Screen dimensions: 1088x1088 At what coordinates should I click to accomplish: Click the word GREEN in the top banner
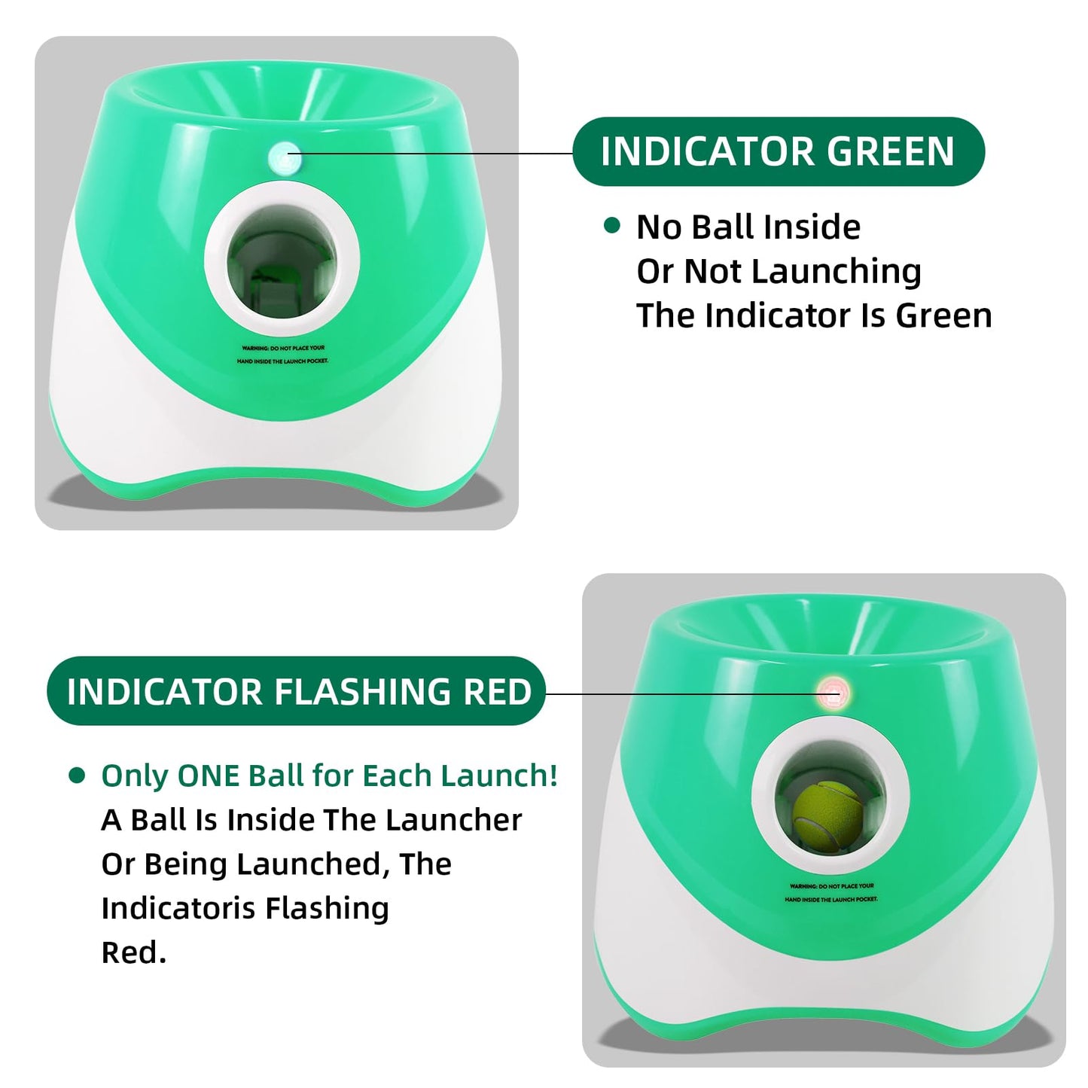click(x=890, y=151)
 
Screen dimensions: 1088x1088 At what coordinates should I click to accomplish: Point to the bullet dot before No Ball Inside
click(x=612, y=226)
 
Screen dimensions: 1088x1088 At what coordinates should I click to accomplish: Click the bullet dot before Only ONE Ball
click(x=76, y=775)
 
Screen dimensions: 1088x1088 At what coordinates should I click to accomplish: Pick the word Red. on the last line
click(x=134, y=953)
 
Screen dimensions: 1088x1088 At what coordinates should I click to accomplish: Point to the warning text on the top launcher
click(x=283, y=355)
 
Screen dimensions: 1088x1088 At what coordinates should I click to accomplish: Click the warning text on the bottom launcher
click(x=831, y=893)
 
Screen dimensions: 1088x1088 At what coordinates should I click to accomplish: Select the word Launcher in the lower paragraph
click(x=454, y=820)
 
